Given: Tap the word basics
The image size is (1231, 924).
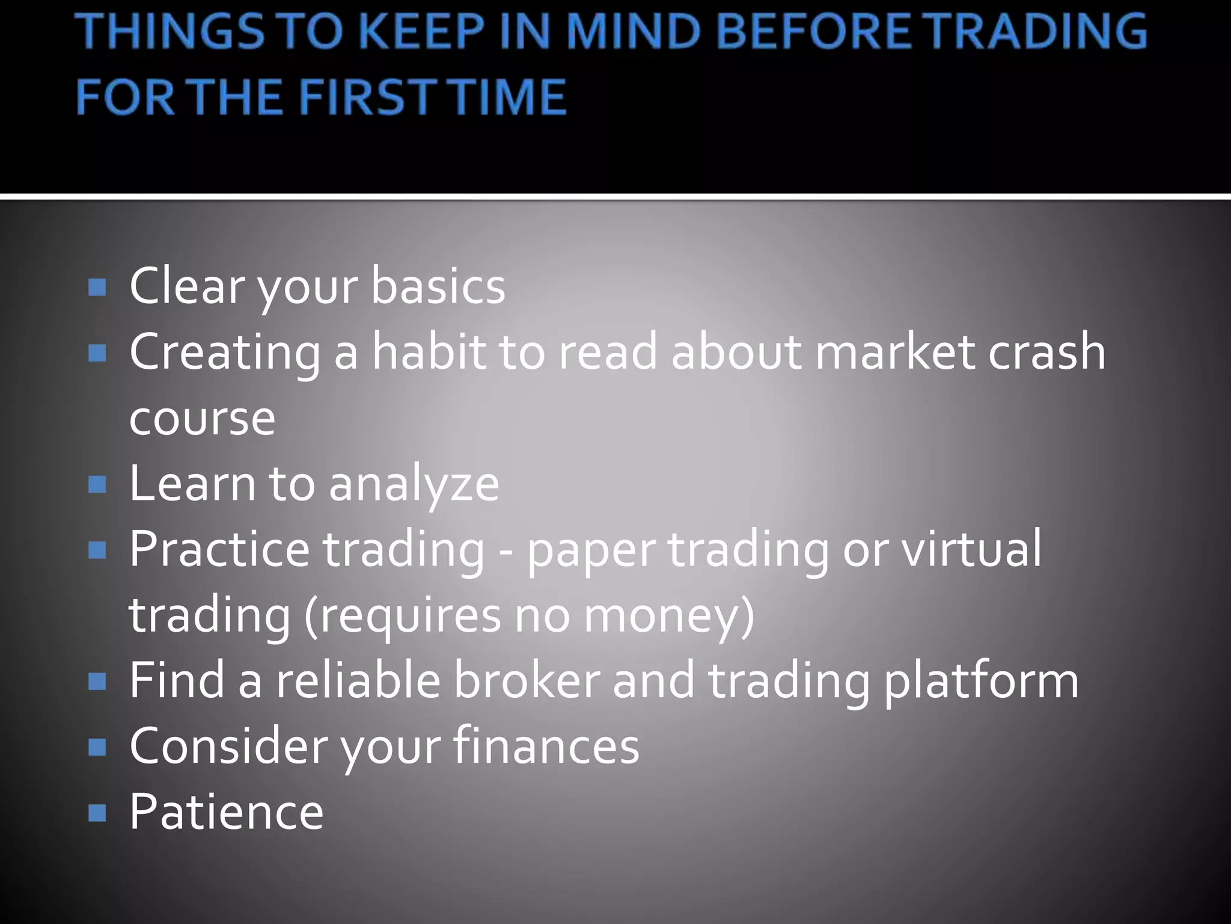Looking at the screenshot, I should click(438, 286).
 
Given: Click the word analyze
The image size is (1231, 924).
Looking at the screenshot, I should click(414, 484).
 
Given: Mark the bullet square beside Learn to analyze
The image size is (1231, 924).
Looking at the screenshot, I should click(97, 484).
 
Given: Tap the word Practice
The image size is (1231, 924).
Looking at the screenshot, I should click(219, 549).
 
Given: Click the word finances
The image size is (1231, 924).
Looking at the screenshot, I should click(546, 746).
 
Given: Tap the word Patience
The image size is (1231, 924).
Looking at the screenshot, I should click(227, 812).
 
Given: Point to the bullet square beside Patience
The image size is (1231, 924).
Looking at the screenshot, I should click(97, 813).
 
